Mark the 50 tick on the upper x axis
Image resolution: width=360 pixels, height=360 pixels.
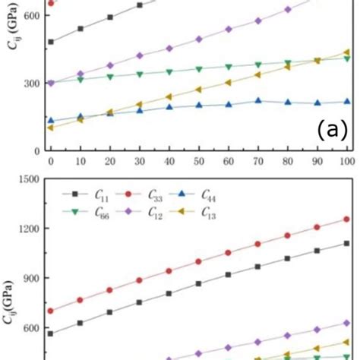(x=199, y=163)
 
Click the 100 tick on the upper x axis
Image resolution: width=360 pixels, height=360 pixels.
(x=346, y=163)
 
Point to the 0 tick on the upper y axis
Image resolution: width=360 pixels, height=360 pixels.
(x=40, y=150)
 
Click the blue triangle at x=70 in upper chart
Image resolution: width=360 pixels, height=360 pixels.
(x=258, y=100)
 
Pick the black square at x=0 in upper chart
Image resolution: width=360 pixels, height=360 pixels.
(x=51, y=42)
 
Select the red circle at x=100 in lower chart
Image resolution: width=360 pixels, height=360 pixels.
(x=346, y=219)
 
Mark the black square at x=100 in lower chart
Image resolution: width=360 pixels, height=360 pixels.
(x=346, y=243)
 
